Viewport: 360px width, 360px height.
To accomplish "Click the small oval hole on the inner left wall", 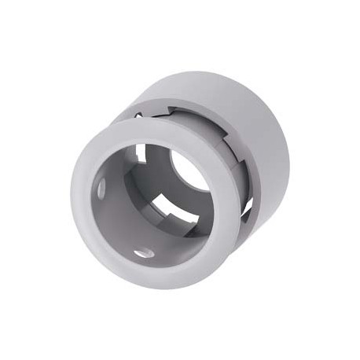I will click(101, 189).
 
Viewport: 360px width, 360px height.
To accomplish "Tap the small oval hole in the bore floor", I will click(143, 253).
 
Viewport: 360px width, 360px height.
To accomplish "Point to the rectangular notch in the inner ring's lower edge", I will click(177, 211).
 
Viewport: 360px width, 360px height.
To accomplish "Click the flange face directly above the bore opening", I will click(157, 130).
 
